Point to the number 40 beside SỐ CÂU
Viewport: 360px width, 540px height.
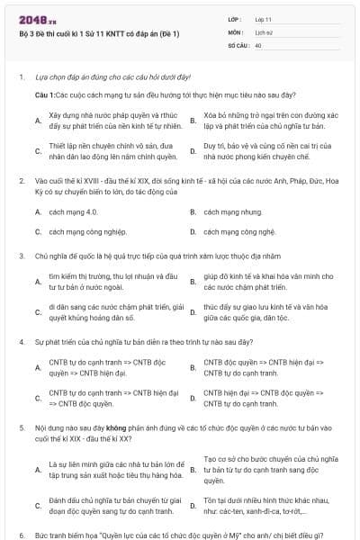coord(258,44)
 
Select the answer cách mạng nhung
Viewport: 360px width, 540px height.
coord(220,212)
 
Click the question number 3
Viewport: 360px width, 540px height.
coord(21,256)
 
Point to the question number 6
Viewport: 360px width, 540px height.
coord(21,534)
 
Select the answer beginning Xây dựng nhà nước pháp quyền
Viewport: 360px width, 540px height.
coord(107,120)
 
